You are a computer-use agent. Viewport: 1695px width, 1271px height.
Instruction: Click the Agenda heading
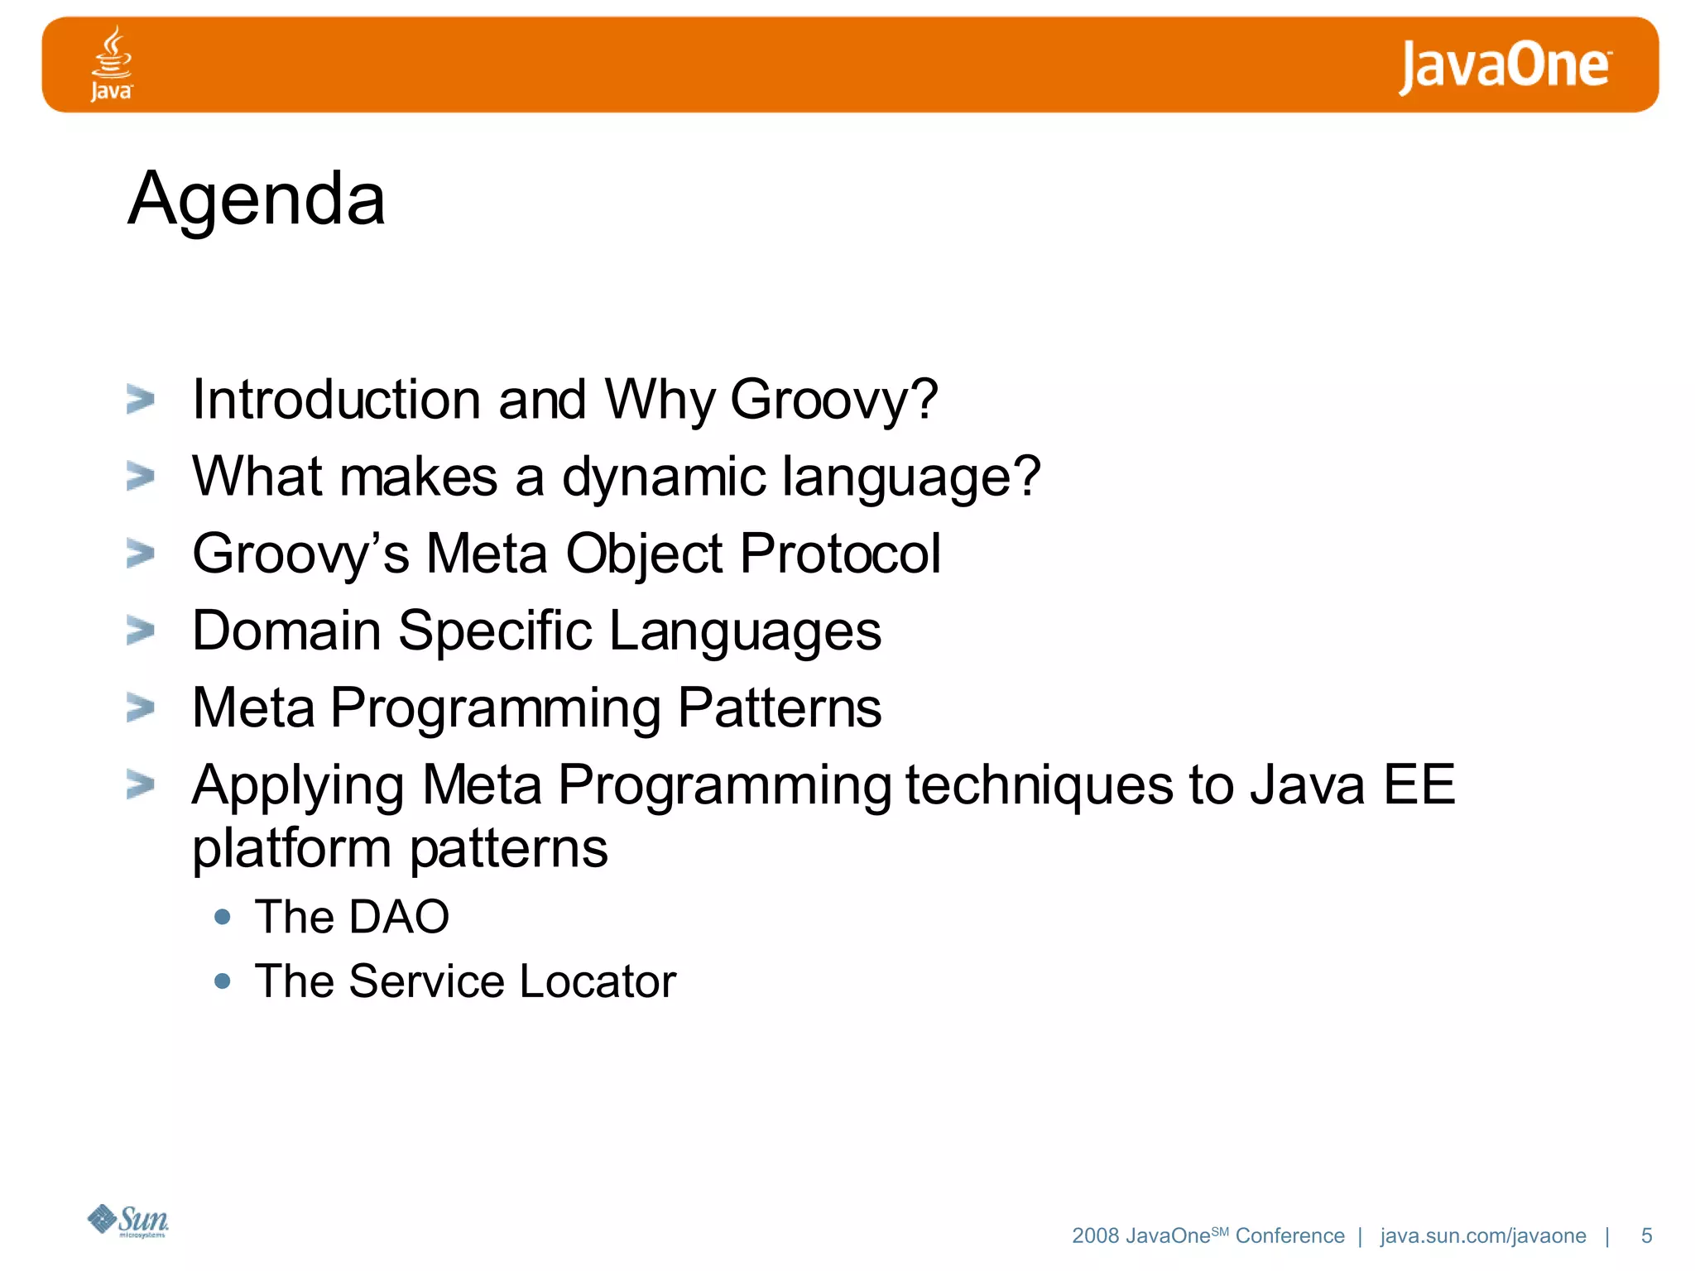click(257, 199)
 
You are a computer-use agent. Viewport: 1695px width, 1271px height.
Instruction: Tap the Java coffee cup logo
click(111, 63)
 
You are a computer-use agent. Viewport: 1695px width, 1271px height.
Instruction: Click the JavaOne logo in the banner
click(1505, 66)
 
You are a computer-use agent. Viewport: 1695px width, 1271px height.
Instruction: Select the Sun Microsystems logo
click(128, 1221)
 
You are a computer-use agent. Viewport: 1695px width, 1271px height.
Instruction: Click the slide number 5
click(1646, 1235)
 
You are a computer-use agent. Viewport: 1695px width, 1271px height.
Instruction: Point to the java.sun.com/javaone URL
click(1483, 1235)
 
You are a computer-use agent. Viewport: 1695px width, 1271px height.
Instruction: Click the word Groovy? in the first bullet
click(834, 400)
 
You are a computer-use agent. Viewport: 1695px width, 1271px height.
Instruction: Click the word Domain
click(286, 631)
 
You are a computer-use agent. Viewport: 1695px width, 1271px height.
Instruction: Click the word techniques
click(1039, 784)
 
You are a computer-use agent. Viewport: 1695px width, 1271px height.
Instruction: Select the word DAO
click(399, 917)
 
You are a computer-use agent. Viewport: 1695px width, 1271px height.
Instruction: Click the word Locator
click(598, 981)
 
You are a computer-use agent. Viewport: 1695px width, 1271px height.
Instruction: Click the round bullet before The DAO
click(222, 917)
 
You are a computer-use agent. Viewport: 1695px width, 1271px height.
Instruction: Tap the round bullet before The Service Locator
click(222, 981)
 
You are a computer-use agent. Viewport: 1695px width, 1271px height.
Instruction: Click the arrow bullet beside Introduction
click(141, 400)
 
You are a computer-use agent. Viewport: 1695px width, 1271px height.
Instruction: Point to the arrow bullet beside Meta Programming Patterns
click(141, 708)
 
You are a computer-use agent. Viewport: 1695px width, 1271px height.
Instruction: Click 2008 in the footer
click(1095, 1235)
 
